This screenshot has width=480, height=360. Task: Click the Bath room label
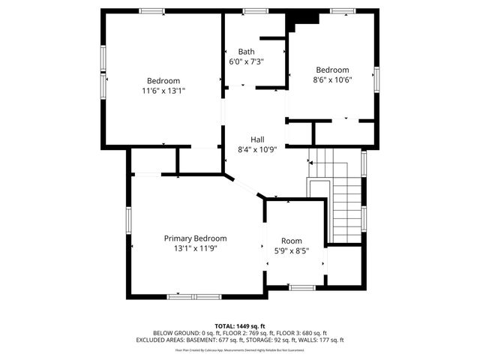pos(246,52)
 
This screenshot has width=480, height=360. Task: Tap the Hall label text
pos(257,139)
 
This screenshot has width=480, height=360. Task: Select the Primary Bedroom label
pos(195,238)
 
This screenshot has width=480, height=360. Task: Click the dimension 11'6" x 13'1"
pos(163,91)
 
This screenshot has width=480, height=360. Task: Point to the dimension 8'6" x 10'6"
pos(331,79)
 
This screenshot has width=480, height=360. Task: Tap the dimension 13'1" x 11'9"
pos(195,247)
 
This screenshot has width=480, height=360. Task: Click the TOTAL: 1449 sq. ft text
pos(240,325)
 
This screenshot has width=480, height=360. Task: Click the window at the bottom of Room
pos(301,287)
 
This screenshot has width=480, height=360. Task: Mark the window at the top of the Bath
pos(255,11)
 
